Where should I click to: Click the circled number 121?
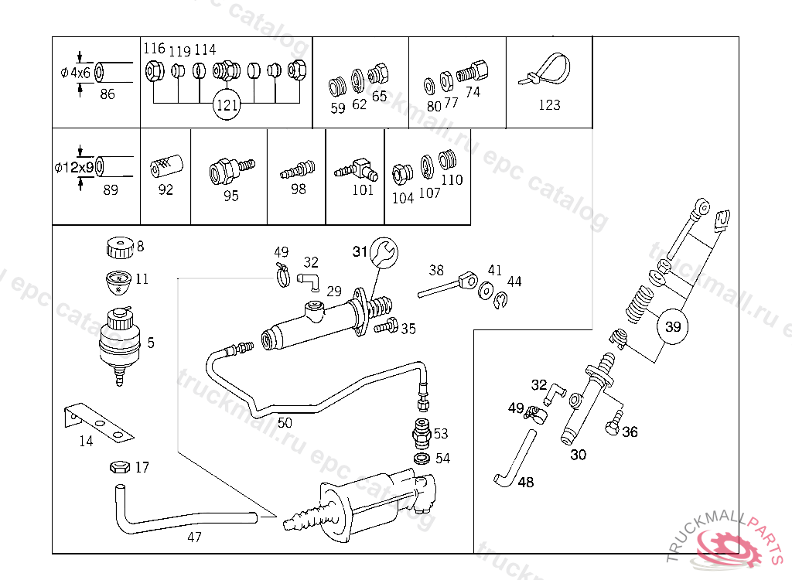(x=227, y=104)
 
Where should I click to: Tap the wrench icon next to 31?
(x=384, y=251)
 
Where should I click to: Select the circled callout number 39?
(x=673, y=326)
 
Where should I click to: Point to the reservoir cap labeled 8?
(x=120, y=247)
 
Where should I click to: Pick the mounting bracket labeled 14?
(x=99, y=422)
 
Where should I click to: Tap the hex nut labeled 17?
(x=120, y=467)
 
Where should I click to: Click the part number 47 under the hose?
(x=194, y=537)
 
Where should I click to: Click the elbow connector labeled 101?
(x=357, y=170)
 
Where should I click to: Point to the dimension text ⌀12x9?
(x=74, y=167)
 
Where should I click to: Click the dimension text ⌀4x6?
(x=75, y=73)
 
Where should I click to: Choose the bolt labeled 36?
(x=613, y=423)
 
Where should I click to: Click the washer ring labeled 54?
(x=422, y=459)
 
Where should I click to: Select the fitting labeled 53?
(x=422, y=433)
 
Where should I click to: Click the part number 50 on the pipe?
(x=285, y=422)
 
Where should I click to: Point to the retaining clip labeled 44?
(x=500, y=301)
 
